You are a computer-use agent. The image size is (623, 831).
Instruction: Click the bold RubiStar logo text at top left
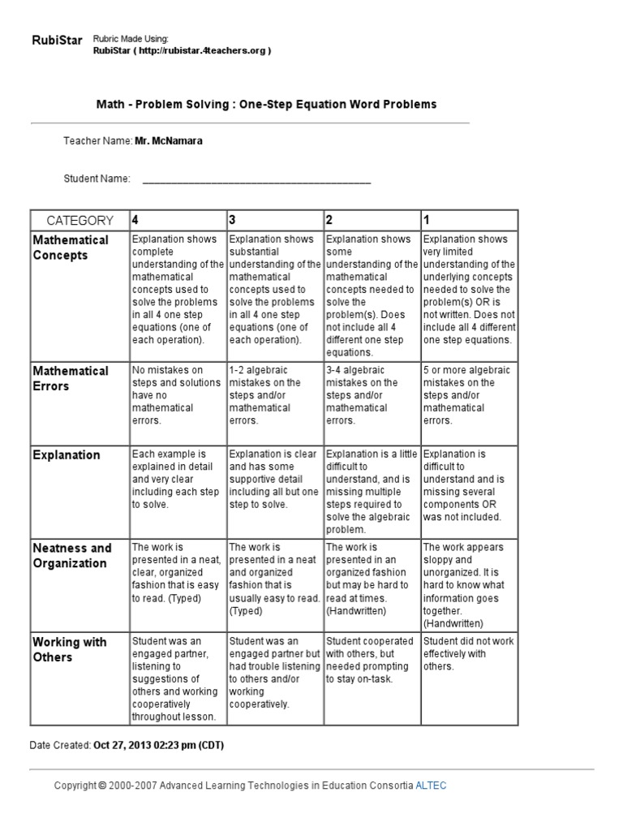click(57, 41)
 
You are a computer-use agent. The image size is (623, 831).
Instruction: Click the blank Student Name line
click(256, 179)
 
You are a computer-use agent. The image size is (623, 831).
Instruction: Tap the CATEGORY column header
click(79, 220)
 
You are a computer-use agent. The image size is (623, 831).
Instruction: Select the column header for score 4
click(135, 220)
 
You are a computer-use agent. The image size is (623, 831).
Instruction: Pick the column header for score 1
click(427, 220)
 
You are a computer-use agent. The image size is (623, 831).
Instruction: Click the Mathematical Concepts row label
click(71, 248)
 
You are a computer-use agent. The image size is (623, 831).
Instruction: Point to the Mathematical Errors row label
click(71, 378)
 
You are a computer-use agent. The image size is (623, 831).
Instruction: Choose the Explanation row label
click(67, 455)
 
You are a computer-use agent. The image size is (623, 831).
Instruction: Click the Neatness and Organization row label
click(72, 555)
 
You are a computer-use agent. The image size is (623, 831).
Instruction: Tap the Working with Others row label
click(69, 649)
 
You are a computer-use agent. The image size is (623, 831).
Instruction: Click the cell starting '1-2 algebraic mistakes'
click(273, 395)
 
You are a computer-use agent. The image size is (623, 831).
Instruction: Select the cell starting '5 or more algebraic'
click(468, 395)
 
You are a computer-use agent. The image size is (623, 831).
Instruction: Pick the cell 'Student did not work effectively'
click(468, 653)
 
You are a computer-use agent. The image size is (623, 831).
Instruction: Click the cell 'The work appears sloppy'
click(468, 584)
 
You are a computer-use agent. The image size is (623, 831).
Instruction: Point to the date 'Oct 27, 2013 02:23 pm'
click(158, 745)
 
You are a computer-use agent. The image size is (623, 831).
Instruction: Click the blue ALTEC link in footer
click(430, 786)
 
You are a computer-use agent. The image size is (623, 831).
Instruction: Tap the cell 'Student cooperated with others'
click(371, 660)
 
